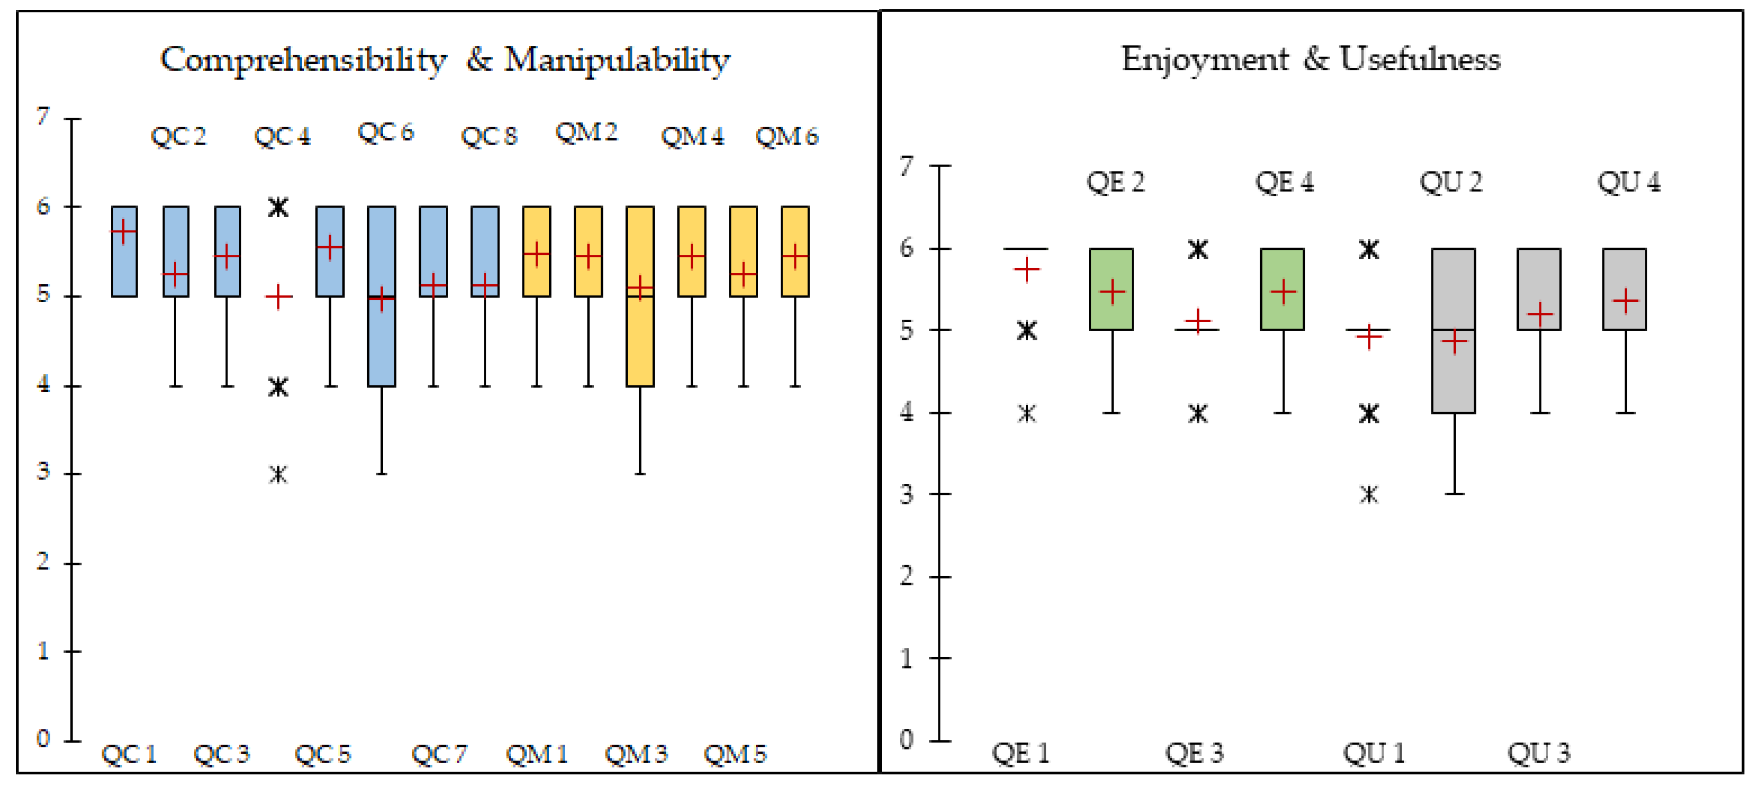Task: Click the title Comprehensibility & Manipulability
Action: tap(445, 60)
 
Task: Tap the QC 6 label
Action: tap(385, 132)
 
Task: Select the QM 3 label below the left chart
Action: tap(635, 754)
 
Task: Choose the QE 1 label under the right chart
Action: tap(1020, 753)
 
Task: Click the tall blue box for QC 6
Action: tap(381, 342)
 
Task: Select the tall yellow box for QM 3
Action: tap(640, 342)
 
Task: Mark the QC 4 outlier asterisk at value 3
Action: tap(278, 474)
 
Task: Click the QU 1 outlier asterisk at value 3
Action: tap(1369, 494)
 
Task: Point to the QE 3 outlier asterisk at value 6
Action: tap(1198, 250)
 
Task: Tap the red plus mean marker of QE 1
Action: tap(1027, 270)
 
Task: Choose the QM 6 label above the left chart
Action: tap(787, 137)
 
